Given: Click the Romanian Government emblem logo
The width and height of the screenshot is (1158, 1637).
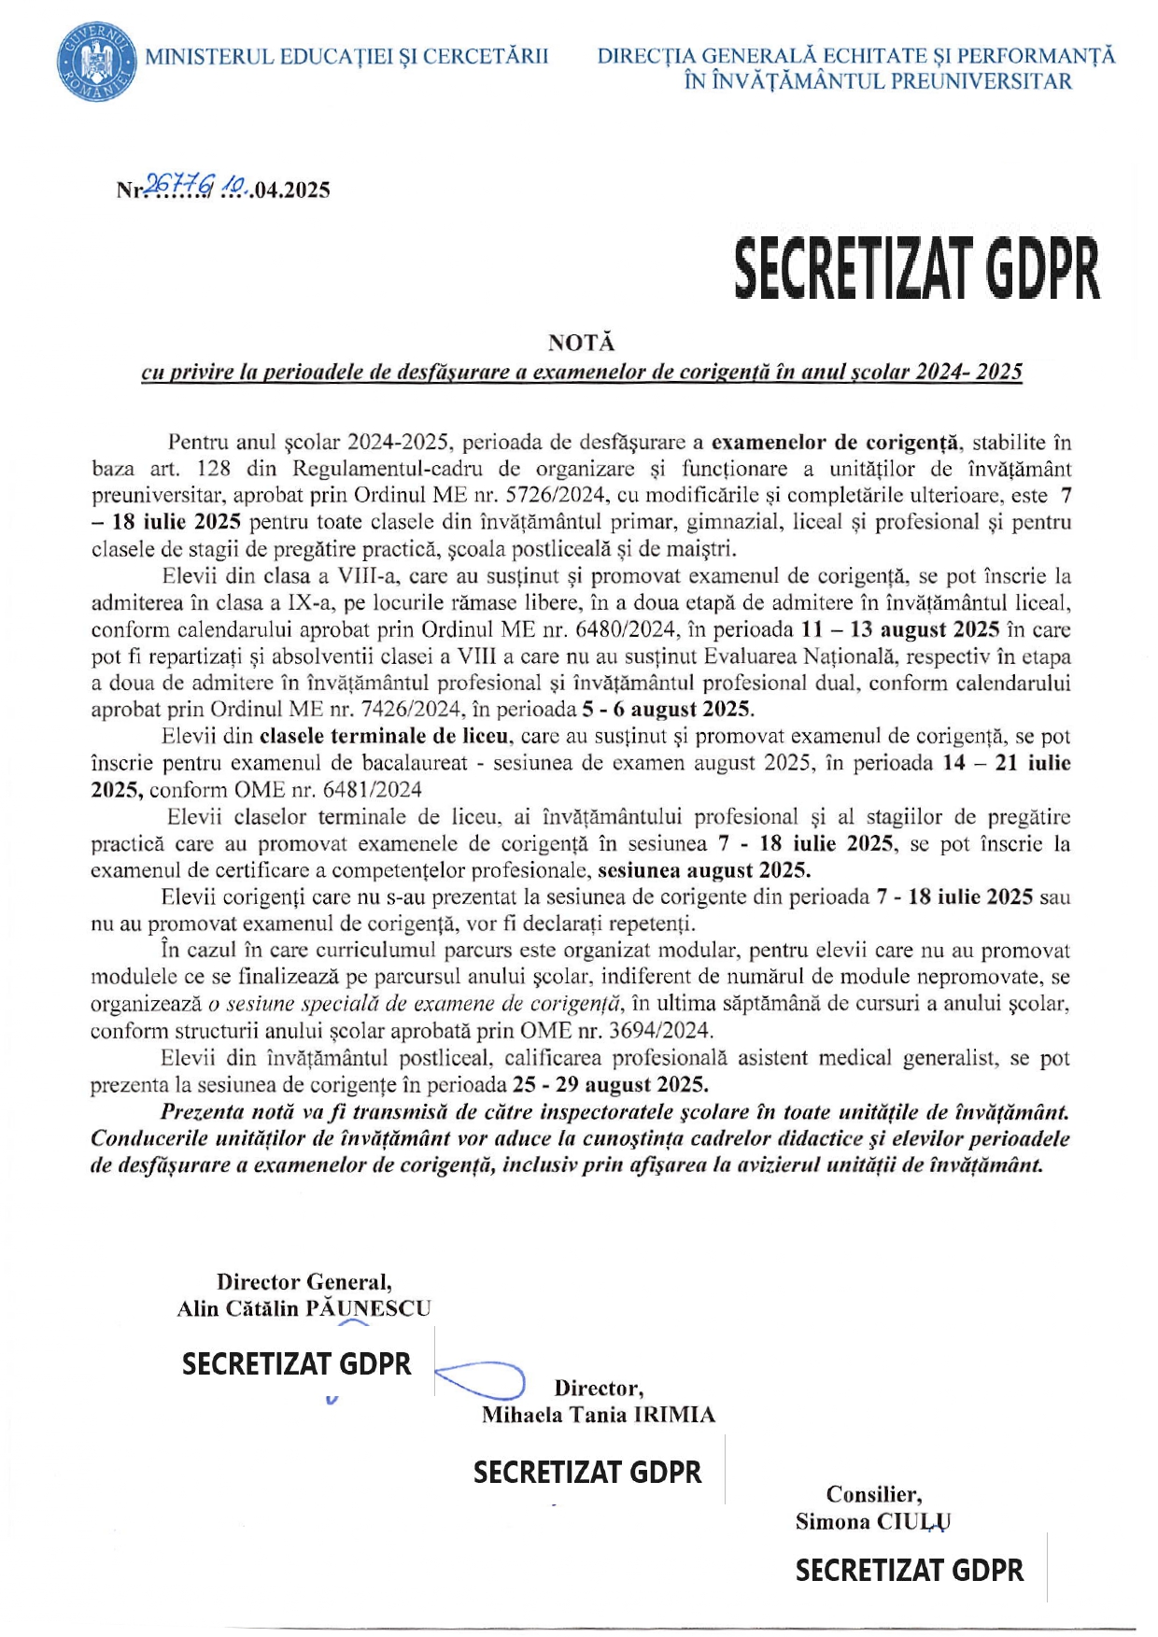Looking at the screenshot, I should coord(95,64).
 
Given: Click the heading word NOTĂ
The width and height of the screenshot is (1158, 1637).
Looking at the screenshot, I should coord(581,343).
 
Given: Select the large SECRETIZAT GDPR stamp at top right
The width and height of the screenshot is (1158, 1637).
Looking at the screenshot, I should coord(916,269).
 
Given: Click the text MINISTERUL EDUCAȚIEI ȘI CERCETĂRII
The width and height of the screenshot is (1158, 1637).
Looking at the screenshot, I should coord(346,57).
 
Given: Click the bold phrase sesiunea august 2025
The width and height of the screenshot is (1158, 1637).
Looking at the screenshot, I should coord(704,871).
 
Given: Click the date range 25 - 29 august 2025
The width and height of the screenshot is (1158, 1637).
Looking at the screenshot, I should coord(611,1085).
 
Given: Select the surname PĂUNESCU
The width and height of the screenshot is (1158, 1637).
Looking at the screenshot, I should coord(368,1308).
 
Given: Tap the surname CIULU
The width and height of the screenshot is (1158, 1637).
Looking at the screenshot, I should coord(913,1522).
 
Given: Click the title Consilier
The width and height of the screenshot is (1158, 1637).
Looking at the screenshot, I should coord(873,1495).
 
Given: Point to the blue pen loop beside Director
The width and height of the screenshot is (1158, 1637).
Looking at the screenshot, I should coord(482,1379).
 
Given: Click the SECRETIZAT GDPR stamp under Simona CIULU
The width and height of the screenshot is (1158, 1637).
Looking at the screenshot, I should coord(909,1571).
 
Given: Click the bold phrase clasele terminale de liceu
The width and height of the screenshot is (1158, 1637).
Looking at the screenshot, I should coord(384,737).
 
